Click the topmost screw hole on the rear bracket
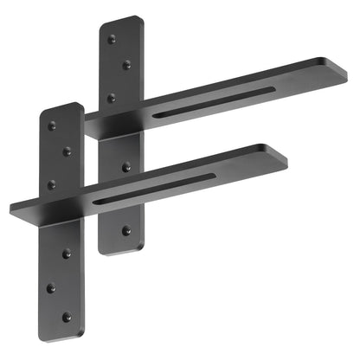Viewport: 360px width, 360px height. tap(112, 39)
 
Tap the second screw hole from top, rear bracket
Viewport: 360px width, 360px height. tap(127, 64)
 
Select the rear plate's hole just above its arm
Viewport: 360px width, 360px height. tap(112, 98)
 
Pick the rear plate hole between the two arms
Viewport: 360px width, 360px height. tap(126, 166)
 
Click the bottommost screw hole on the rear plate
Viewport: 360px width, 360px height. tap(126, 231)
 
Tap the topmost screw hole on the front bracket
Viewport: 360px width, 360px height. tap(52, 126)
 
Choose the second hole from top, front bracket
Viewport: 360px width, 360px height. tap(67, 152)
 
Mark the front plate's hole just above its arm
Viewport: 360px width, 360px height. tap(52, 184)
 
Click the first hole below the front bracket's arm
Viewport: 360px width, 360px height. tap(67, 254)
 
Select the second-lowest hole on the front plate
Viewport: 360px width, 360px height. tap(52, 287)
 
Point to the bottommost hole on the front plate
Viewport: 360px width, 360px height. tap(67, 318)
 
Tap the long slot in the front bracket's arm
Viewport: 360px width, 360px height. tap(154, 189)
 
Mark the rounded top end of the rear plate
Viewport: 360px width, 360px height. tap(121, 21)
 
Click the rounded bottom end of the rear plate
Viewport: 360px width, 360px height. tap(120, 250)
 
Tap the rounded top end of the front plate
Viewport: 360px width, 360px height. tap(61, 108)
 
